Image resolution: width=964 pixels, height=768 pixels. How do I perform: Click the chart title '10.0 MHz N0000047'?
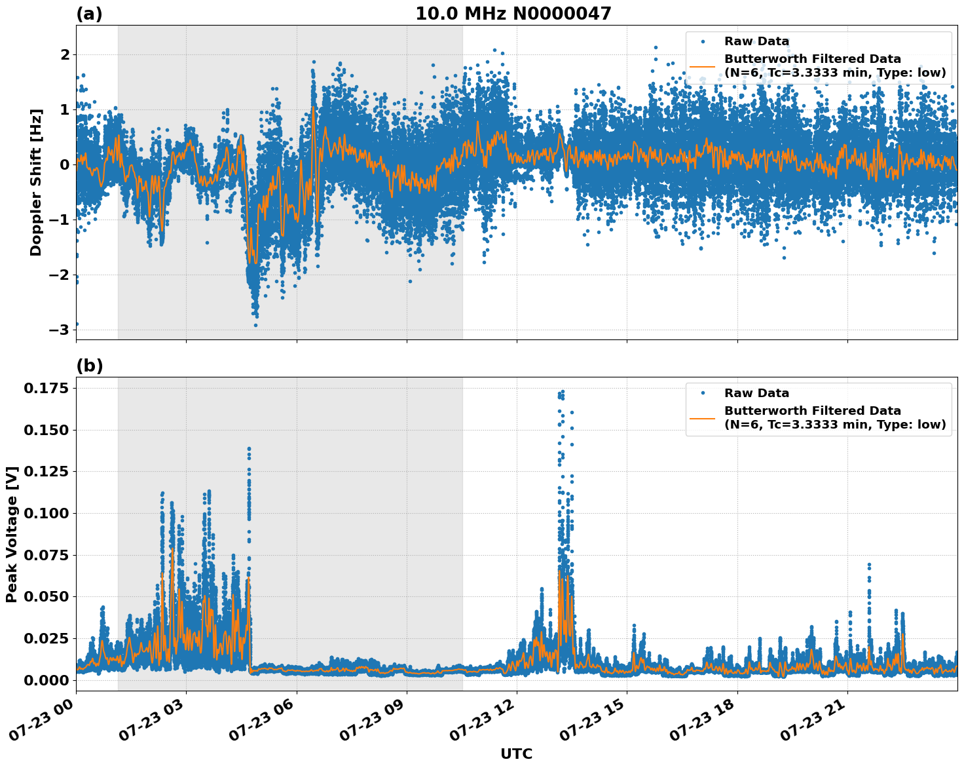tap(513, 14)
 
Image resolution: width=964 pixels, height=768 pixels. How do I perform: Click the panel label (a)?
tap(89, 14)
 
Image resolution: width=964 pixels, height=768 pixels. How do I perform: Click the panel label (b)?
tap(89, 366)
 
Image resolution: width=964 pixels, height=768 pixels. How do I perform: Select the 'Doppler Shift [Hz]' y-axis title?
tap(36, 182)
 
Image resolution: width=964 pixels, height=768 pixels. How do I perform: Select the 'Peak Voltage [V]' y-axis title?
tap(11, 534)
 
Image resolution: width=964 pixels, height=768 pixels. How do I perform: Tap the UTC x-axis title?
tap(516, 754)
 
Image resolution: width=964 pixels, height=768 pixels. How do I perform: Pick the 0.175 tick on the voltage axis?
tap(46, 389)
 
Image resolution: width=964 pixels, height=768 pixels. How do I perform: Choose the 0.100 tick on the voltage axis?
tap(46, 513)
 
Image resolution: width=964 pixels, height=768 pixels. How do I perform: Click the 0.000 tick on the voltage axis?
tap(46, 680)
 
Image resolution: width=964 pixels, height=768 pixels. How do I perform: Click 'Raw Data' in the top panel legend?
tap(756, 41)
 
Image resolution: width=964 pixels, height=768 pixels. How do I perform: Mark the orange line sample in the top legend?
tap(702, 66)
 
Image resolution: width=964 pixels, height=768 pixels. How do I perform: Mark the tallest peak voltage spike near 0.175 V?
tap(562, 392)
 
